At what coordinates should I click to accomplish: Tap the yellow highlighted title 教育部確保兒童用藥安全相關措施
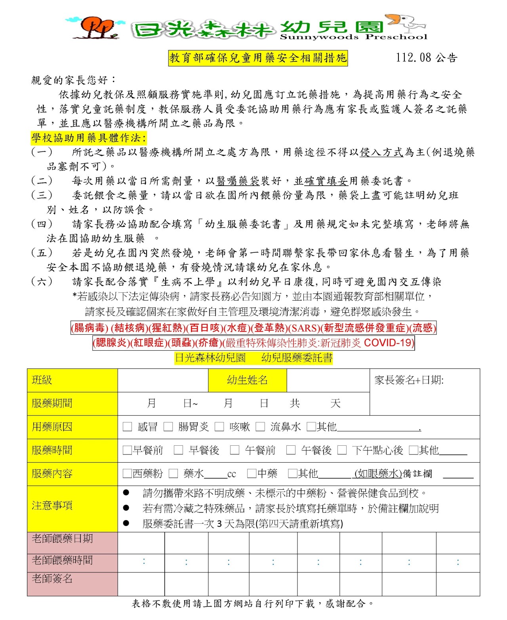click(258, 58)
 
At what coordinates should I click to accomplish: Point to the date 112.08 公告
click(427, 58)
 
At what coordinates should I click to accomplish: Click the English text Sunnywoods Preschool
click(353, 37)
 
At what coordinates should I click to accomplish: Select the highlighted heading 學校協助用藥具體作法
click(89, 138)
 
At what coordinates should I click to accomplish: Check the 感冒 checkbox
click(127, 427)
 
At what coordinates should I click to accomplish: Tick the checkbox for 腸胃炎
click(168, 427)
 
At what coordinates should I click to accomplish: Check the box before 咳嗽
click(219, 427)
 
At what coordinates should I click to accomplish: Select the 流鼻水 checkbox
click(260, 427)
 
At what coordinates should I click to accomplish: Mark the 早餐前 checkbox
click(127, 450)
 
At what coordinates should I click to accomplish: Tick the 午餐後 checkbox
click(291, 450)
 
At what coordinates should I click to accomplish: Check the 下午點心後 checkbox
click(342, 450)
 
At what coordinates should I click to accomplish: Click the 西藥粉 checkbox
click(127, 473)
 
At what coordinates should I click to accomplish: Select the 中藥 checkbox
click(252, 473)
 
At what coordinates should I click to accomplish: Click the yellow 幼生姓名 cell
click(248, 380)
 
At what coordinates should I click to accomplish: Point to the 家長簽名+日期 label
click(409, 380)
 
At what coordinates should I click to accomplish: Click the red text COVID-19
click(389, 343)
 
